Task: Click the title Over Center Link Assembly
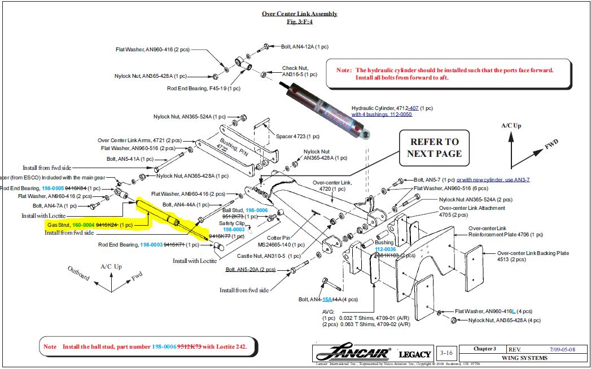(299, 14)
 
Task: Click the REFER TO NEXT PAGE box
(435, 147)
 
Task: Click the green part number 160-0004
(83, 225)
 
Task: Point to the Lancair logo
(353, 354)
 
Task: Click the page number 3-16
(446, 354)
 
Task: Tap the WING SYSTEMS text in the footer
(524, 358)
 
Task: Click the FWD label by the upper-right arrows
(551, 146)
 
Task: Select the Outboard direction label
(78, 273)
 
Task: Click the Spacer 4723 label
(297, 136)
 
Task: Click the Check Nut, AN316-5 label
(299, 71)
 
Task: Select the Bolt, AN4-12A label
(305, 46)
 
